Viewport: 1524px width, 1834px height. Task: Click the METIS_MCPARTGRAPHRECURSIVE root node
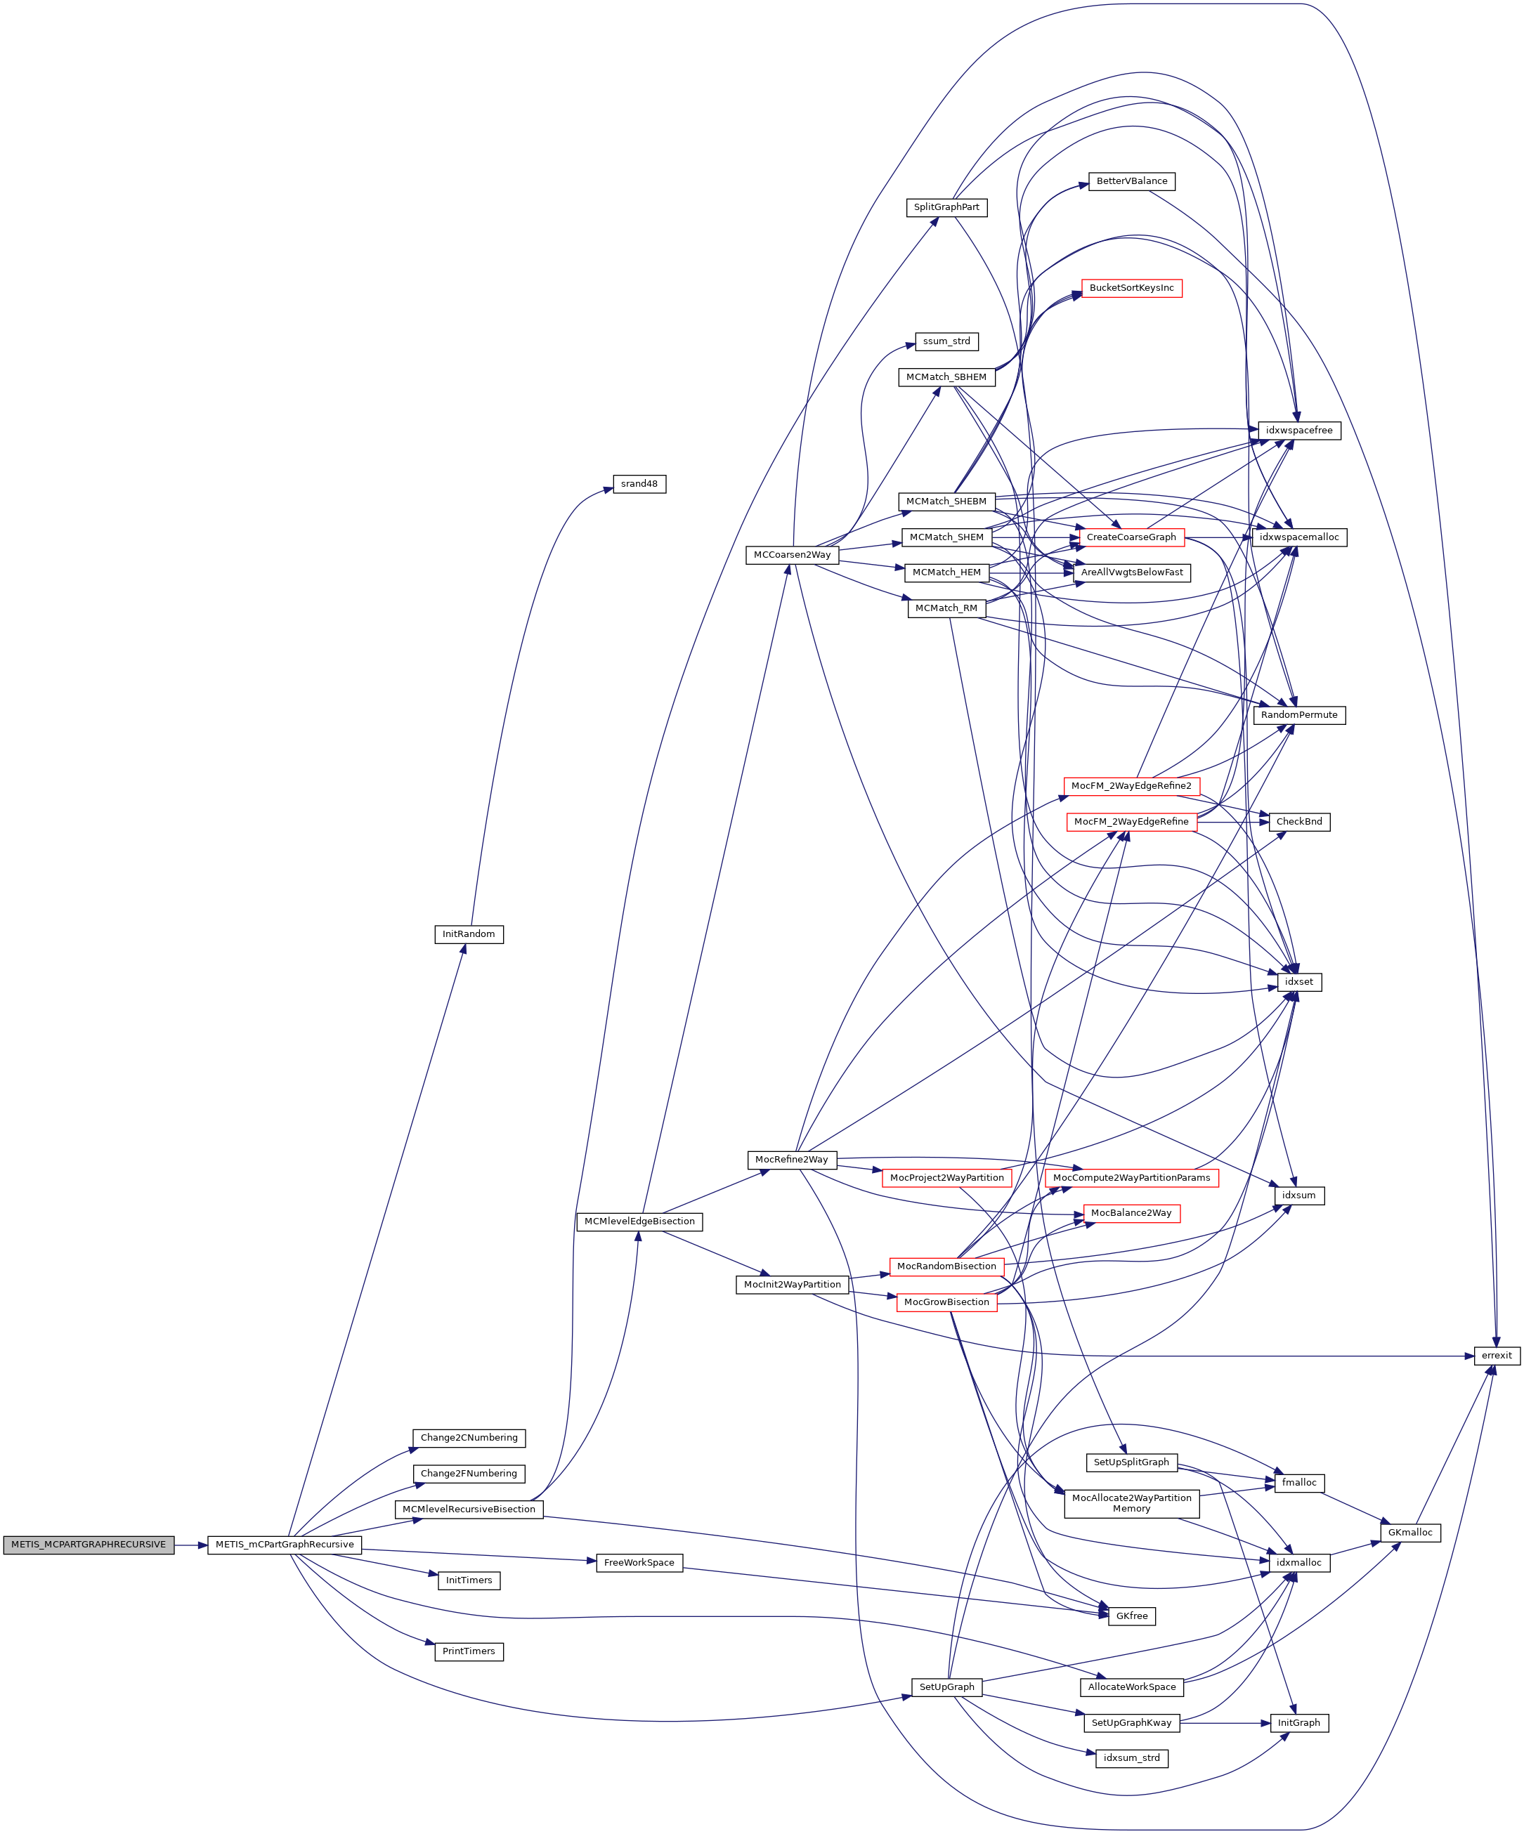pyautogui.click(x=89, y=1545)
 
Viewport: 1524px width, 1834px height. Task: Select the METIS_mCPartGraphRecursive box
pyautogui.click(x=285, y=1545)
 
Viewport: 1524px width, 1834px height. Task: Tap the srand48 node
pyautogui.click(x=639, y=484)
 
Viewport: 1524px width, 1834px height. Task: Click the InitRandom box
pyautogui.click(x=469, y=934)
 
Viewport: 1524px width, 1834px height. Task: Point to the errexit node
pyautogui.click(x=1497, y=1356)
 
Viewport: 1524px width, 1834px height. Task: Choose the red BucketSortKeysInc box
pyautogui.click(x=1132, y=288)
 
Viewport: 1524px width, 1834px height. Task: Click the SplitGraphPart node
pyautogui.click(x=946, y=208)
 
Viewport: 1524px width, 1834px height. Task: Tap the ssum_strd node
pyautogui.click(x=946, y=341)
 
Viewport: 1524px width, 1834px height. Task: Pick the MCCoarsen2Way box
pyautogui.click(x=792, y=556)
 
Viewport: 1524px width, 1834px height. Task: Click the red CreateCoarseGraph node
pyautogui.click(x=1132, y=537)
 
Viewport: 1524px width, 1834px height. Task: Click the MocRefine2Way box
pyautogui.click(x=792, y=1160)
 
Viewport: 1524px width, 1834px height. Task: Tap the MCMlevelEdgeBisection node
pyautogui.click(x=639, y=1221)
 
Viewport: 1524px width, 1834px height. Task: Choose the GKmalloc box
pyautogui.click(x=1410, y=1533)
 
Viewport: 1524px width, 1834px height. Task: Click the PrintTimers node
pyautogui.click(x=469, y=1651)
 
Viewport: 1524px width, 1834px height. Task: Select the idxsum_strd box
pyautogui.click(x=1132, y=1758)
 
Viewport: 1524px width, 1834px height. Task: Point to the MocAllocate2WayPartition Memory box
pyautogui.click(x=1132, y=1503)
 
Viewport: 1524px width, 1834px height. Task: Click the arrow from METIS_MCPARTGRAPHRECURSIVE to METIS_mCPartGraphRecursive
pyautogui.click(x=191, y=1545)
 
